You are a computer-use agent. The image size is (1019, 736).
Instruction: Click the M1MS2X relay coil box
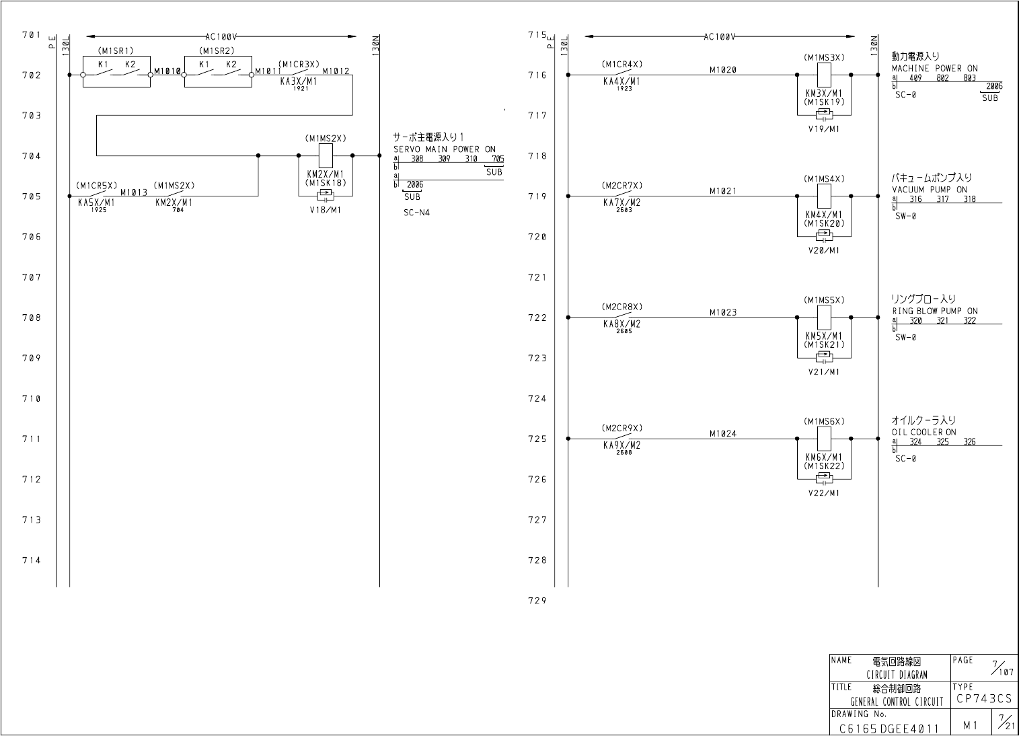(326, 156)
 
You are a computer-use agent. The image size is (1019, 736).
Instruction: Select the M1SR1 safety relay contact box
(116, 72)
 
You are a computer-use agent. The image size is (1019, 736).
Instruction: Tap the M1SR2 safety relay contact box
(218, 72)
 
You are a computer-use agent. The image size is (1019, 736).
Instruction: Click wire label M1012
(336, 71)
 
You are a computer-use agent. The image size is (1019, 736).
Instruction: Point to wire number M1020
(722, 69)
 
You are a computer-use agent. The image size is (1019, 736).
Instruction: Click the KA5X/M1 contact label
(96, 202)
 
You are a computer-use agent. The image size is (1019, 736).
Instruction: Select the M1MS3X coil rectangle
(824, 75)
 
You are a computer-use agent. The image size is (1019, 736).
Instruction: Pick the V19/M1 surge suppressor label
(824, 129)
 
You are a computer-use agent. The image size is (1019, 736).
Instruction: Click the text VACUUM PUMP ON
(930, 190)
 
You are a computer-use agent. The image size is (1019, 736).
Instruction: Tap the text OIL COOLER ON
(923, 433)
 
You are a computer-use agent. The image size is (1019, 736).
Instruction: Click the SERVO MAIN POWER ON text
(444, 149)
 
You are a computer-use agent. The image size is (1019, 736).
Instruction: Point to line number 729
(537, 601)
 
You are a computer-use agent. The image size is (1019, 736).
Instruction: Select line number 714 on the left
(31, 560)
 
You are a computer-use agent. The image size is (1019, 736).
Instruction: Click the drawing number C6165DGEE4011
(889, 728)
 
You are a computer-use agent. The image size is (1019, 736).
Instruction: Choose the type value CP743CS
(984, 699)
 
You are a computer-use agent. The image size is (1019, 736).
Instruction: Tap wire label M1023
(722, 312)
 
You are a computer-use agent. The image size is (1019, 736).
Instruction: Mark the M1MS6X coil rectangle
(824, 439)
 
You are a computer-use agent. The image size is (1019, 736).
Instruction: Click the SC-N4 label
(417, 213)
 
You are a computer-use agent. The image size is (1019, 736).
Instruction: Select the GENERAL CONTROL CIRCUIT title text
(897, 702)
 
